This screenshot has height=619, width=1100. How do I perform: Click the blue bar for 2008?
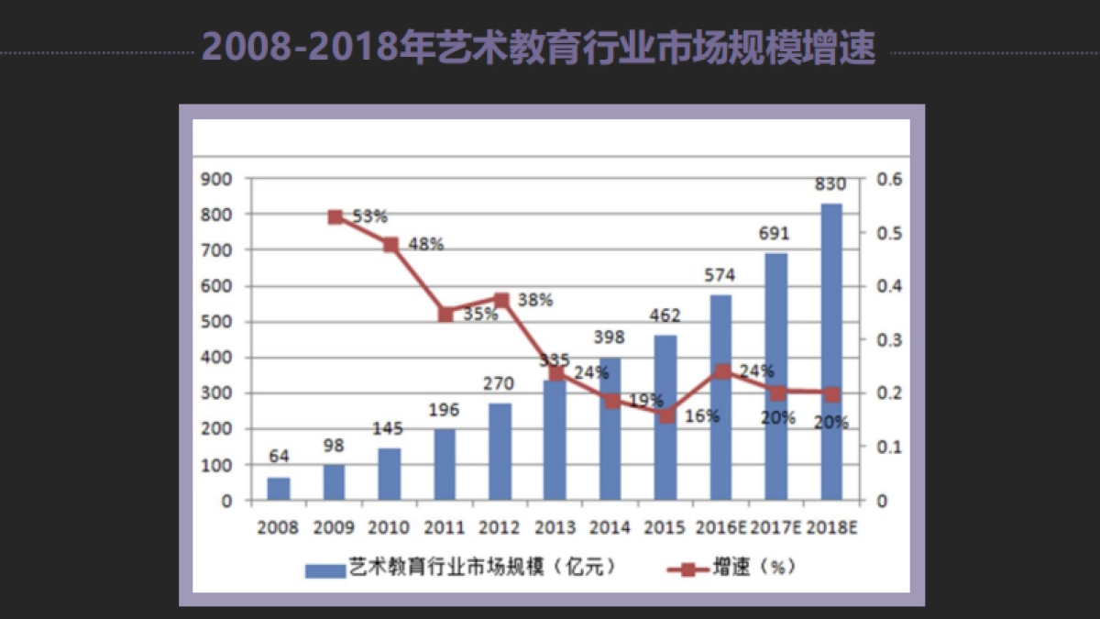click(x=279, y=488)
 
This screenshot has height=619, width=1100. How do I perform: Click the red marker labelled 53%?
click(x=335, y=217)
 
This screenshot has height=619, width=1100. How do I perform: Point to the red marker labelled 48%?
click(x=390, y=245)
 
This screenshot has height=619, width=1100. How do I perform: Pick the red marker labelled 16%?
click(x=666, y=415)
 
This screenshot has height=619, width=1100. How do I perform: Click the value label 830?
click(x=830, y=184)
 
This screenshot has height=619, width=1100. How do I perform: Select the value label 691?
click(x=775, y=234)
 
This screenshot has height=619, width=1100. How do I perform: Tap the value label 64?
click(x=279, y=457)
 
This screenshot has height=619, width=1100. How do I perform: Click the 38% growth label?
click(x=534, y=300)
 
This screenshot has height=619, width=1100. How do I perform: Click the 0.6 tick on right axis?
click(x=889, y=179)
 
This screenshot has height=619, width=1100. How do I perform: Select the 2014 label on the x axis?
click(x=610, y=528)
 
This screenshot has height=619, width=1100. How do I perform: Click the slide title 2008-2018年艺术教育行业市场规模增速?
click(x=538, y=48)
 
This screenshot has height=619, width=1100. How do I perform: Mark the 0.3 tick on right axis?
click(x=889, y=340)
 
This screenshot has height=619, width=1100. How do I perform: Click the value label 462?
click(x=665, y=316)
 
